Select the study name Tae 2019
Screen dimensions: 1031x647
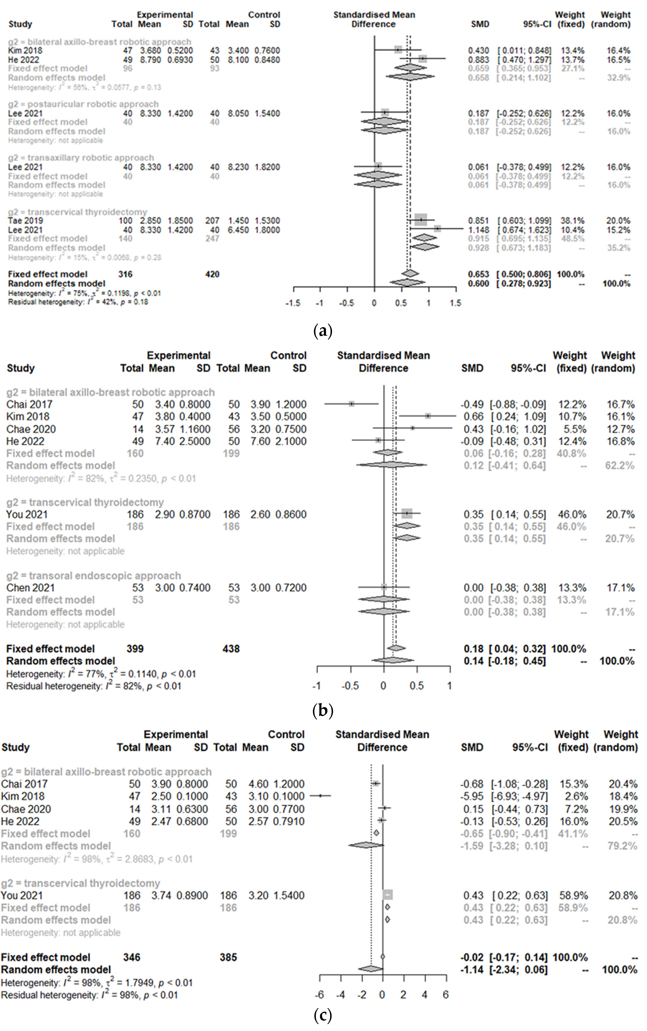(25, 221)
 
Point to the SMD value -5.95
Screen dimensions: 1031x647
(472, 796)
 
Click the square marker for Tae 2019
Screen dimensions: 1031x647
(421, 220)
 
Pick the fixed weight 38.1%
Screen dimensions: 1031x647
(572, 221)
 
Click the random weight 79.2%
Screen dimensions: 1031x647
(623, 846)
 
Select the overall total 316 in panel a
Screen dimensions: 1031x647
(125, 274)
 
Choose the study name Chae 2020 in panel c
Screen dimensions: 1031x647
(26, 809)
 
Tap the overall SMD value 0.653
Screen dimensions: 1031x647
(478, 274)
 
